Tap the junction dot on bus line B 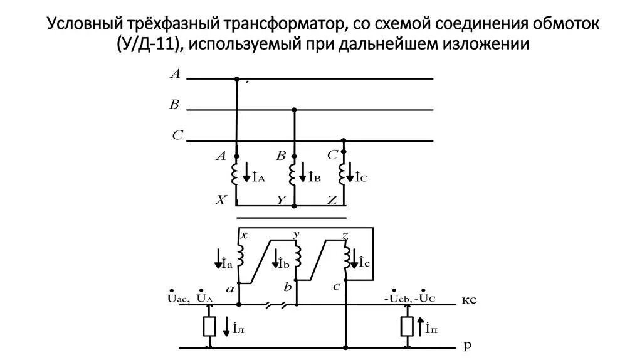click(295, 109)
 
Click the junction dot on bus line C click(343, 140)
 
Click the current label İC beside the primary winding click(362, 177)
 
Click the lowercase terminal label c click(337, 287)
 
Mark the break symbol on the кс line click(275, 305)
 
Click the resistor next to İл click(209, 326)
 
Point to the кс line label click(470, 299)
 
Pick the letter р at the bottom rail click(467, 345)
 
